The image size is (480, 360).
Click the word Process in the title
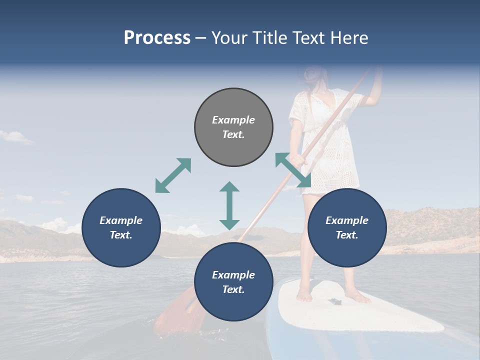pos(157,38)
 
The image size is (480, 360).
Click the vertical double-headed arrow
pos(229,205)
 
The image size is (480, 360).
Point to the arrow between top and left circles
pos(173,175)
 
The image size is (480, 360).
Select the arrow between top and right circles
pos(293,170)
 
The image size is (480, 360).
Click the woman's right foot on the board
pos(304,296)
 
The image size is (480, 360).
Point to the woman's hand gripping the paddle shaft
pos(298,160)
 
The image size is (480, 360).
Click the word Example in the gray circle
pos(233,120)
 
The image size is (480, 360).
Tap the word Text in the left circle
pos(121,235)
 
